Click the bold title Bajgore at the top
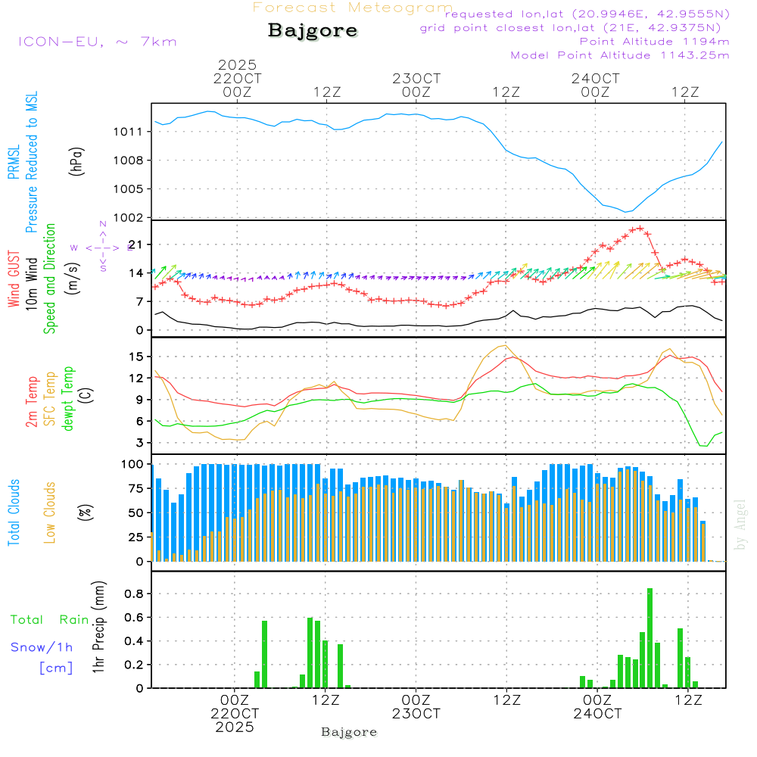tap(313, 31)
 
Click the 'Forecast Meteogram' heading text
tap(353, 8)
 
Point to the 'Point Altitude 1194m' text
tap(654, 41)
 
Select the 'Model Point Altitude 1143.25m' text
tap(620, 55)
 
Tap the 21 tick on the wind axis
tap(136, 245)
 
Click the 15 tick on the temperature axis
tap(136, 356)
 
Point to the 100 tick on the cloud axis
tap(132, 464)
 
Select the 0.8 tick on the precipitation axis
tap(134, 594)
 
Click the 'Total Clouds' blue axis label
tap(14, 512)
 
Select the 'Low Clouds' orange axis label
tap(50, 512)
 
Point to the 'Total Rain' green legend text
tap(50, 619)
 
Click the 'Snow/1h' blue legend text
tap(42, 647)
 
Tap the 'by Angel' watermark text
tap(740, 524)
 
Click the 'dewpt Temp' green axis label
tap(68, 399)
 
